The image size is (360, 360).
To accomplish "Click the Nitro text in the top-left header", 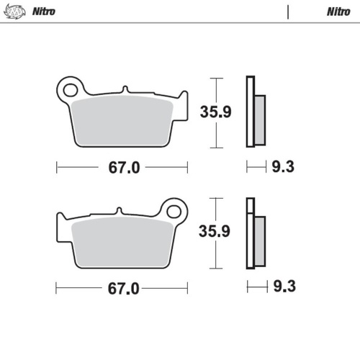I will (x=44, y=12).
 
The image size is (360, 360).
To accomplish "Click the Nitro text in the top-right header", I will (x=338, y=12).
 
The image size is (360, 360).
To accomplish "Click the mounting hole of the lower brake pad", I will (x=173, y=212).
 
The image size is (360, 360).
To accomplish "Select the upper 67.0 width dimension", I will (x=123, y=168).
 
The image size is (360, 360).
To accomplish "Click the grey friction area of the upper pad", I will (x=122, y=119).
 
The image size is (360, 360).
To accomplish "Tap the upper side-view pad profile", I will (x=250, y=112).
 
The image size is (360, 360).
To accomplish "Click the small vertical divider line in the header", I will (x=288, y=12).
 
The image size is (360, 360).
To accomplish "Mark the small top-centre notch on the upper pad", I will (x=125, y=90).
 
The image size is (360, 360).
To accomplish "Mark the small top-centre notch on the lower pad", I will (x=120, y=211).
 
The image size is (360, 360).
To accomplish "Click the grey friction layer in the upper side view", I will (x=260, y=120).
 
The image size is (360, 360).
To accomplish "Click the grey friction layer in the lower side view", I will (x=260, y=240).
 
